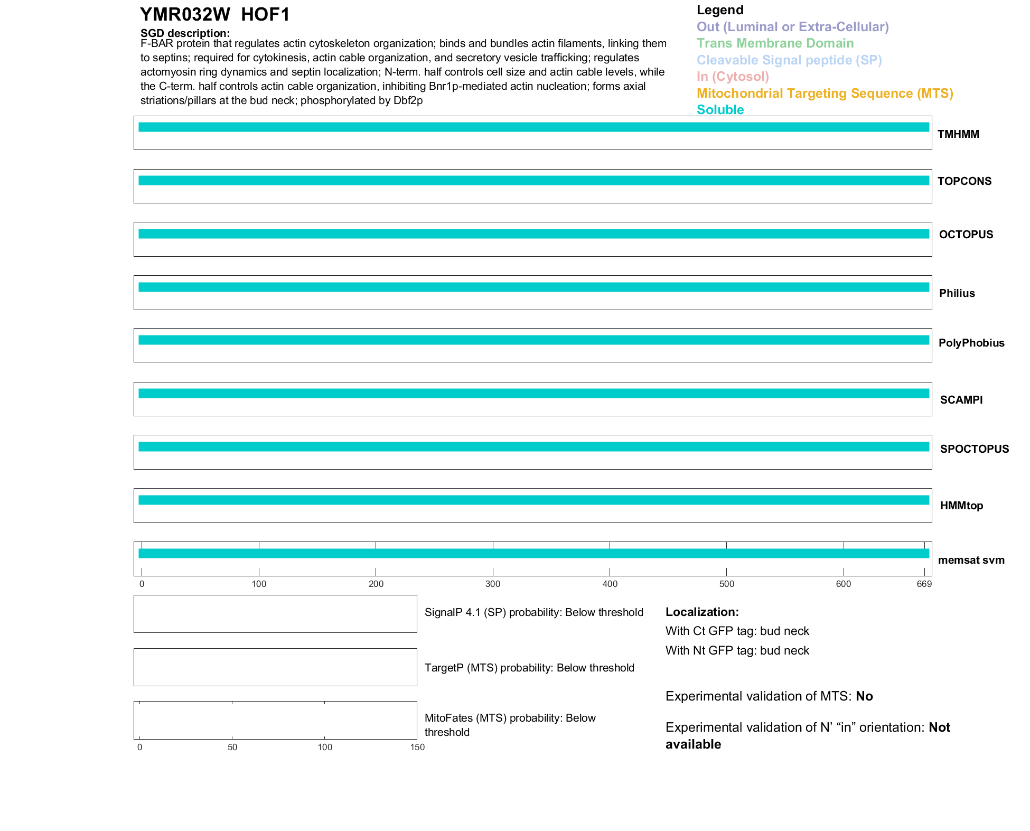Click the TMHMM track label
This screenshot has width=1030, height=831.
click(x=958, y=134)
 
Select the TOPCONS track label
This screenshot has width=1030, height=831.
click(x=964, y=181)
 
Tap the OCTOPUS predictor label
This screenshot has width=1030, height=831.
click(x=966, y=235)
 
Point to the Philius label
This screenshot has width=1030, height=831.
click(x=957, y=293)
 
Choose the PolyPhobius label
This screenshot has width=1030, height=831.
click(x=971, y=343)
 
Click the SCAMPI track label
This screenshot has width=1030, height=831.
click(x=961, y=400)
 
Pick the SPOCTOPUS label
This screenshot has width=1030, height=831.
click(x=974, y=449)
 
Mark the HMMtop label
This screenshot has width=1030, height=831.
click(x=961, y=506)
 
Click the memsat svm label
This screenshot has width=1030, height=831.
click(x=971, y=560)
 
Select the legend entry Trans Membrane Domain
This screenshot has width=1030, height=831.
click(x=775, y=43)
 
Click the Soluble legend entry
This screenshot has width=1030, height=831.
click(x=720, y=110)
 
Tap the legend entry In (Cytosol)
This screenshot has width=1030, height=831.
click(x=733, y=77)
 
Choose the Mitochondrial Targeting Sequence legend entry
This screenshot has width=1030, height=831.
click(x=825, y=94)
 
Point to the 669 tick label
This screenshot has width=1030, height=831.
click(x=924, y=584)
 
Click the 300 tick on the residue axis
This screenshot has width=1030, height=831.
click(x=493, y=584)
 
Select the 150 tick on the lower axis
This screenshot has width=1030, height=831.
click(x=417, y=747)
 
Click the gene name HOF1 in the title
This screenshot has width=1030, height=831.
click(x=265, y=15)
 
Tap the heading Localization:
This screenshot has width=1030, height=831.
click(x=702, y=612)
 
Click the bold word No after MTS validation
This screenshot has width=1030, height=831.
click(x=864, y=696)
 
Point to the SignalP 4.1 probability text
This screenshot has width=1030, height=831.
click(x=533, y=612)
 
